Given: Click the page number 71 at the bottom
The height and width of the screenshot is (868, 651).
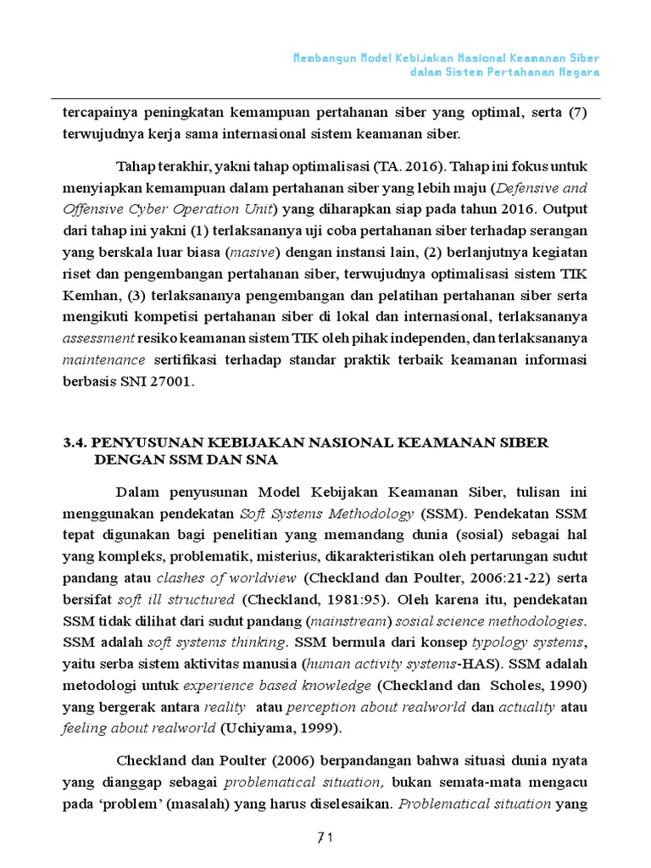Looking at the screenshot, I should [x=325, y=838].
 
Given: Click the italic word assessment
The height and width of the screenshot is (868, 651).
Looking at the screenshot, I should [x=99, y=337].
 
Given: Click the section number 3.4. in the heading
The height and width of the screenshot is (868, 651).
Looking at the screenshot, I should [x=75, y=442].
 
